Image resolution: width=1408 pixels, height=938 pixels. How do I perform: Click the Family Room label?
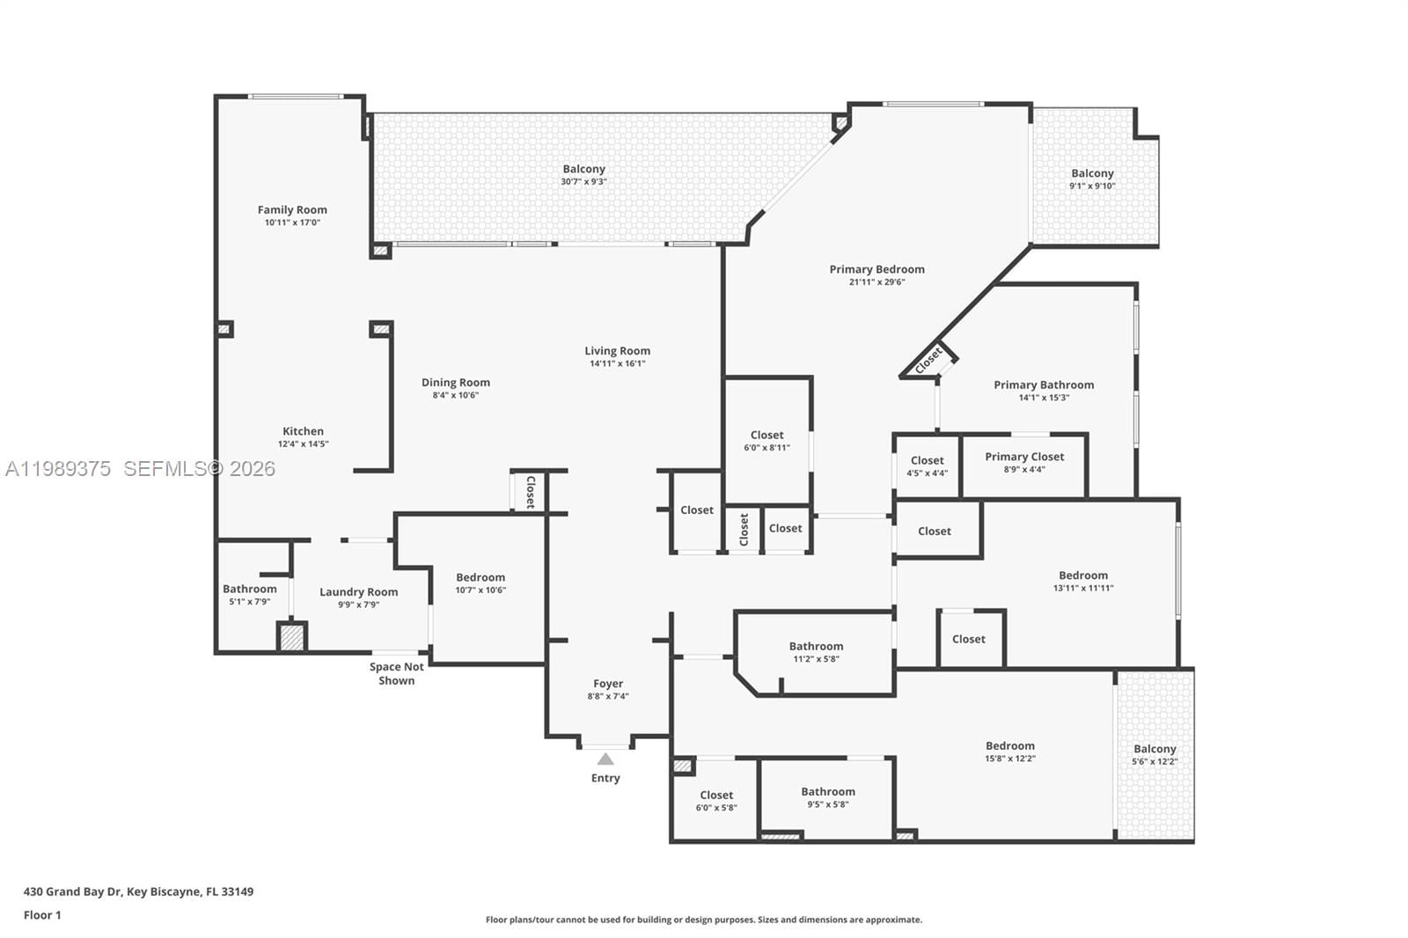point(292,209)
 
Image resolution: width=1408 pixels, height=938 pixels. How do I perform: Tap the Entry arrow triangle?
point(605,758)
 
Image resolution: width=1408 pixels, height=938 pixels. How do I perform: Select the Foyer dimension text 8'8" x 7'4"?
point(608,696)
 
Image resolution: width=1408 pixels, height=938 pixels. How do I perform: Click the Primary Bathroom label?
point(1044,385)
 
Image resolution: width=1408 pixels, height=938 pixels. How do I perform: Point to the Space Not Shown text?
point(396,674)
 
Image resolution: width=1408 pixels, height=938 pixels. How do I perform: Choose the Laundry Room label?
point(358,592)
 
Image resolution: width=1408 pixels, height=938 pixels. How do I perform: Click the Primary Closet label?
point(1024,457)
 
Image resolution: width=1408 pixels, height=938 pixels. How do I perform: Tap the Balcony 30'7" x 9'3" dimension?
point(583,181)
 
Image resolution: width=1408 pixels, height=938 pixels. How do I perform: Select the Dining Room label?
point(455,382)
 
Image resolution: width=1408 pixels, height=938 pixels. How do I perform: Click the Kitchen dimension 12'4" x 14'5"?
point(303,443)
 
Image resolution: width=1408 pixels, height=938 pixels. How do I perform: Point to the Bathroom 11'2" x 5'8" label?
point(816,646)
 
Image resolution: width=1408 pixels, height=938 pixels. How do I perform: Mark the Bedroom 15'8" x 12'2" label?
point(1009,745)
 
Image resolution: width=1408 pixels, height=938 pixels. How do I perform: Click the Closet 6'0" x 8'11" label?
point(766,435)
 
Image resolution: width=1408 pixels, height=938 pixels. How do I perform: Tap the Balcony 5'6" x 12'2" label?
point(1155,749)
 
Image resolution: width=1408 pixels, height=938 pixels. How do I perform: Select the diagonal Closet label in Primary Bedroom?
point(928,359)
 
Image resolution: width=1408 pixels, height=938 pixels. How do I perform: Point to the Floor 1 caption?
point(42,915)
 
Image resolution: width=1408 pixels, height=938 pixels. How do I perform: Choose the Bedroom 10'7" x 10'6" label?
point(480,577)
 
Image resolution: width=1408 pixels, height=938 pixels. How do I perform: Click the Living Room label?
point(617,350)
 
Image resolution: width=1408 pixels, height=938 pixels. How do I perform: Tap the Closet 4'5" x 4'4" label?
point(927,460)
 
